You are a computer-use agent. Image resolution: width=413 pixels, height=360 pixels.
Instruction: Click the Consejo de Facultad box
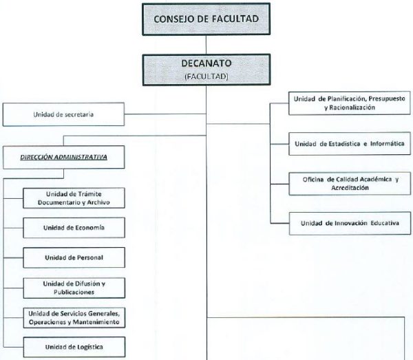click(206, 19)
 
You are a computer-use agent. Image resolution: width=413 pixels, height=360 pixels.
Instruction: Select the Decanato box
click(206, 70)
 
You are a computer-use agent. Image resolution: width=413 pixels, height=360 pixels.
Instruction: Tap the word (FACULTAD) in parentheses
click(206, 76)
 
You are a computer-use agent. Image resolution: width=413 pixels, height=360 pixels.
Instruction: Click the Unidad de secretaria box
click(63, 114)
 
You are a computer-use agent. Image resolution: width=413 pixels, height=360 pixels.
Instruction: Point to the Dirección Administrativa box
click(64, 157)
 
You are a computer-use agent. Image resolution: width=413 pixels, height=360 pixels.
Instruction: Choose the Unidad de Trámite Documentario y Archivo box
click(74, 198)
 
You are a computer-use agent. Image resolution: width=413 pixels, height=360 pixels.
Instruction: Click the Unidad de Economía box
click(74, 228)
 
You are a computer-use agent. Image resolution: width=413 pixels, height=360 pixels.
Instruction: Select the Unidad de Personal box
click(74, 257)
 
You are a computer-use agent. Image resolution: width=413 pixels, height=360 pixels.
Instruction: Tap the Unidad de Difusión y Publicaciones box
click(74, 288)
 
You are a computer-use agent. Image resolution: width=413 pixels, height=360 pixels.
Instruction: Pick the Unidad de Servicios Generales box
click(74, 317)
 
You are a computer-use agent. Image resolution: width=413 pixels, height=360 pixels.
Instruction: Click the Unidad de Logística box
click(74, 347)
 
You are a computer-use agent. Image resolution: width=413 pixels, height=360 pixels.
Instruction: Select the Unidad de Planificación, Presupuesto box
click(350, 103)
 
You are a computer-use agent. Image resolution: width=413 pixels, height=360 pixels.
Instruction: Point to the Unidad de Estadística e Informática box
click(350, 144)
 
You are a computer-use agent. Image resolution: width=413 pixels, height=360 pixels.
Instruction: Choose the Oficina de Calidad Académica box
click(350, 184)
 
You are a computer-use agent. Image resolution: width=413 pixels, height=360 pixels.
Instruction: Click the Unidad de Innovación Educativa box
click(350, 223)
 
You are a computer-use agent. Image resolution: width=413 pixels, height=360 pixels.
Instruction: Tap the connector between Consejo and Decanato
click(206, 45)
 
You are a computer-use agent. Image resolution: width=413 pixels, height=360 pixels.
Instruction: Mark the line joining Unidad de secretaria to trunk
click(165, 114)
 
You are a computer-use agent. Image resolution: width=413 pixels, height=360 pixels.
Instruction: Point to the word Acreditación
click(350, 188)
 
